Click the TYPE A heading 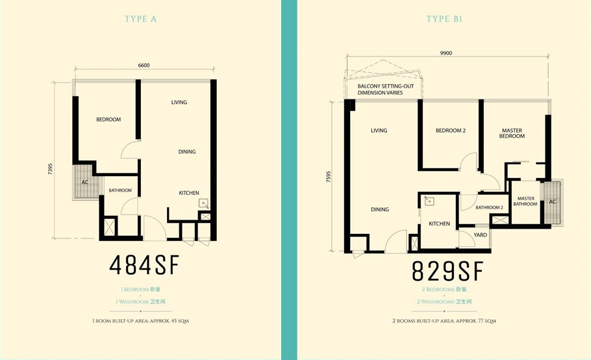pos(140,19)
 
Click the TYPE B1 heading pos(444,19)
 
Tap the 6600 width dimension pos(144,65)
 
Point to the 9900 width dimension pos(446,53)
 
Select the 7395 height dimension pos(50,168)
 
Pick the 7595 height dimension pos(328,177)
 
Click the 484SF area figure pos(144,265)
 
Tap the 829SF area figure pos(447,271)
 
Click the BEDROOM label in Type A pos(108,120)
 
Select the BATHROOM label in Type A pos(120,190)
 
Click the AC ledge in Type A pos(86,182)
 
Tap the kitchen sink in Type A pos(204,203)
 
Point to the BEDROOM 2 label pos(451,131)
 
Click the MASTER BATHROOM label pos(525,201)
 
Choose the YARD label pos(480,235)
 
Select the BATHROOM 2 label pos(489,207)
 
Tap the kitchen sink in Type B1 pos(429,201)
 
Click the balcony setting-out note pos(386,89)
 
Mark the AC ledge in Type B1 pos(552,203)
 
